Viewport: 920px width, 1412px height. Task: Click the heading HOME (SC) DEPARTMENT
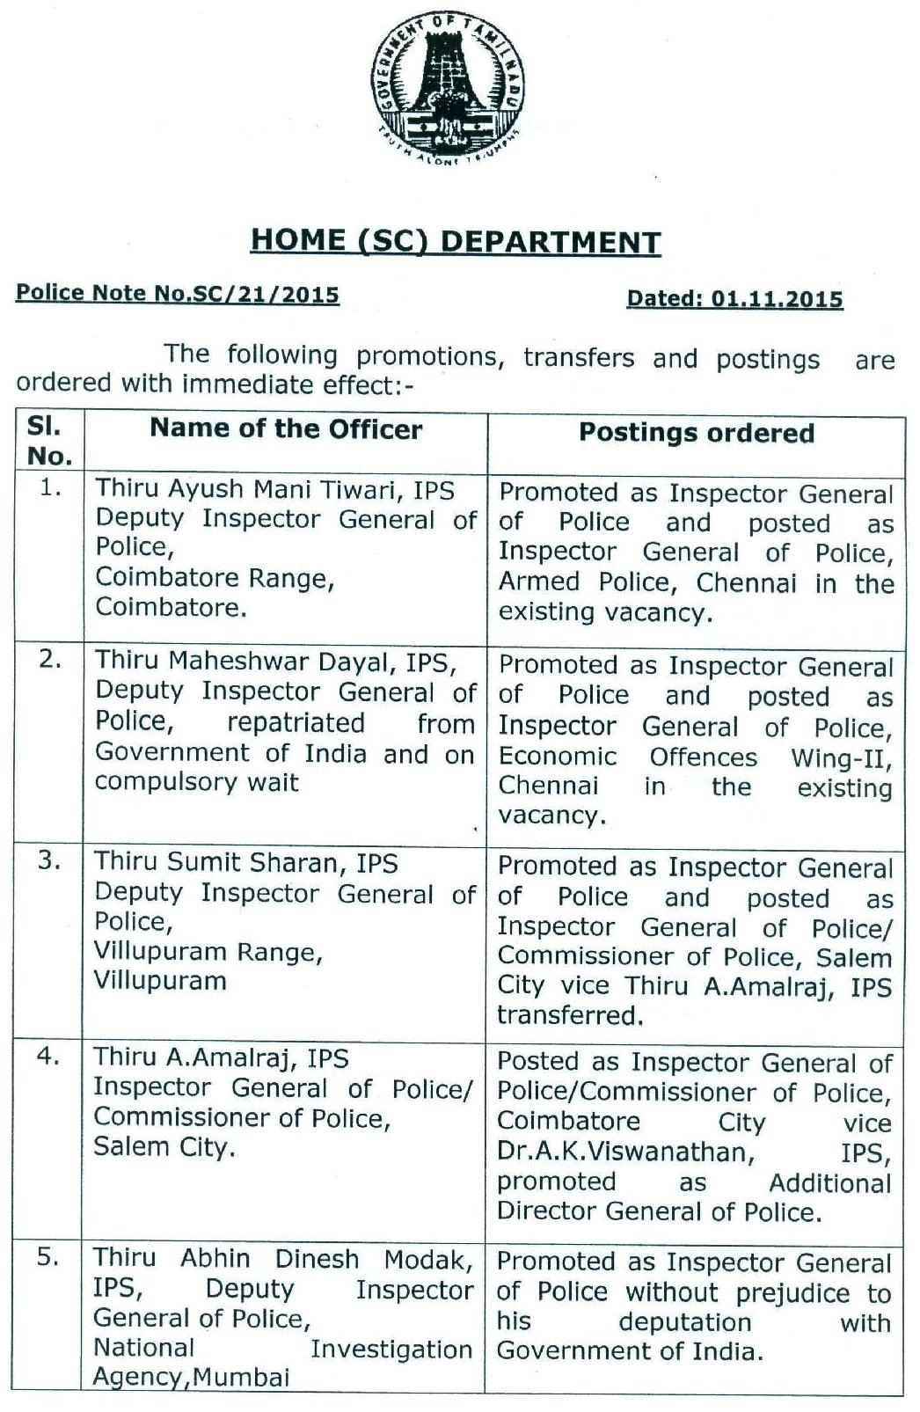pyautogui.click(x=456, y=241)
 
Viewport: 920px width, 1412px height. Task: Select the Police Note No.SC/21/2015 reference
pyautogui.click(x=178, y=294)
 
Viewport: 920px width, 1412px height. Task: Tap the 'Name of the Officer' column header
pyautogui.click(x=286, y=429)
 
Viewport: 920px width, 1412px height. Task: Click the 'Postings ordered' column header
pyautogui.click(x=696, y=433)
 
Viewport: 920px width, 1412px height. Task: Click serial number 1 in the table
pyautogui.click(x=51, y=488)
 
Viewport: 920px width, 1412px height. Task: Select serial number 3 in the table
pyautogui.click(x=49, y=860)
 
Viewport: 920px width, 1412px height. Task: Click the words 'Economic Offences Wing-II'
pyautogui.click(x=695, y=757)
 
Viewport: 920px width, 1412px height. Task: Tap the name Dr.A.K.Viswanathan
pyautogui.click(x=624, y=1152)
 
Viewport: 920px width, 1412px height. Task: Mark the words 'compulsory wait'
pyautogui.click(x=197, y=782)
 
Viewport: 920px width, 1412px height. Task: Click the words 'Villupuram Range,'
pyautogui.click(x=208, y=952)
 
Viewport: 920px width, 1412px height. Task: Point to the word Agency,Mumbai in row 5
pyautogui.click(x=191, y=1377)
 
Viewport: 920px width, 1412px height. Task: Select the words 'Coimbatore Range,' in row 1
pyautogui.click(x=215, y=578)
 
